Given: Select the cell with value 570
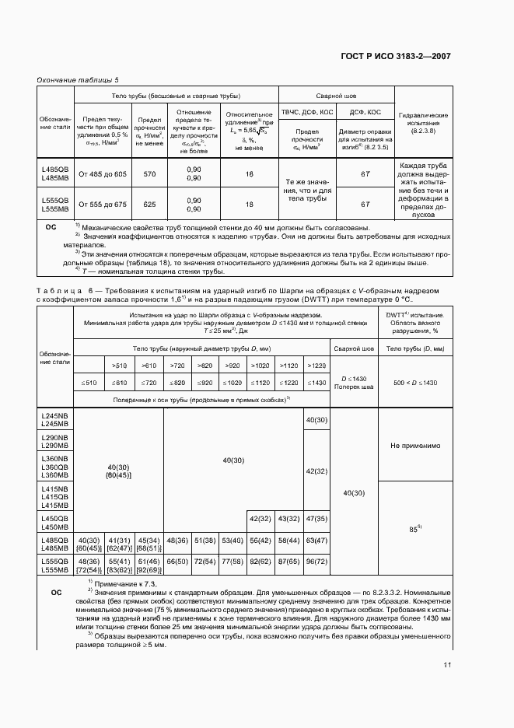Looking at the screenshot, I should [150, 174].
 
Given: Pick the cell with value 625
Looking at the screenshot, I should [150, 204].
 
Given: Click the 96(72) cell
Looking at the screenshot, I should [316, 561].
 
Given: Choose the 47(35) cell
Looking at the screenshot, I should [316, 518].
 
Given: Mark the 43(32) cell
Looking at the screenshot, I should [288, 518].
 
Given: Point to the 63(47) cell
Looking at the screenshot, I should [316, 539].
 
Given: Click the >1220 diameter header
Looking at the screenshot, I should [316, 365].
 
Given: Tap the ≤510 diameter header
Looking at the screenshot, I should [88, 383].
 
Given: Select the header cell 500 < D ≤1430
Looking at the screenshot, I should [415, 383].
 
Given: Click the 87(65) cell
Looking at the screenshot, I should [288, 561].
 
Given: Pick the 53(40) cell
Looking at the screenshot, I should [232, 539].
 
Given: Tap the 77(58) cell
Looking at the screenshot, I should [232, 561].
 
